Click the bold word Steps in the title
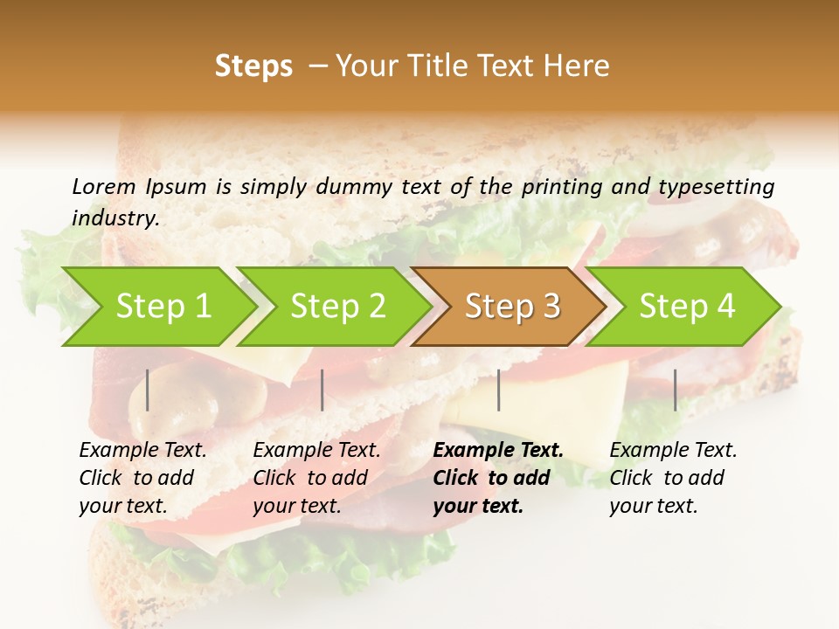point(253,66)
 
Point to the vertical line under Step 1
point(148,390)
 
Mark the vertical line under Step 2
point(322,390)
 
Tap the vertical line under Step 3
point(498,390)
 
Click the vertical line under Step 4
point(675,390)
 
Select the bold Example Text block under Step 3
point(498,478)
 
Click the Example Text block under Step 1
point(142,478)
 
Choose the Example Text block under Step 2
point(316,478)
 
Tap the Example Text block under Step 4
point(673,478)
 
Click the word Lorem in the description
point(104,186)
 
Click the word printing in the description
point(564,186)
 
